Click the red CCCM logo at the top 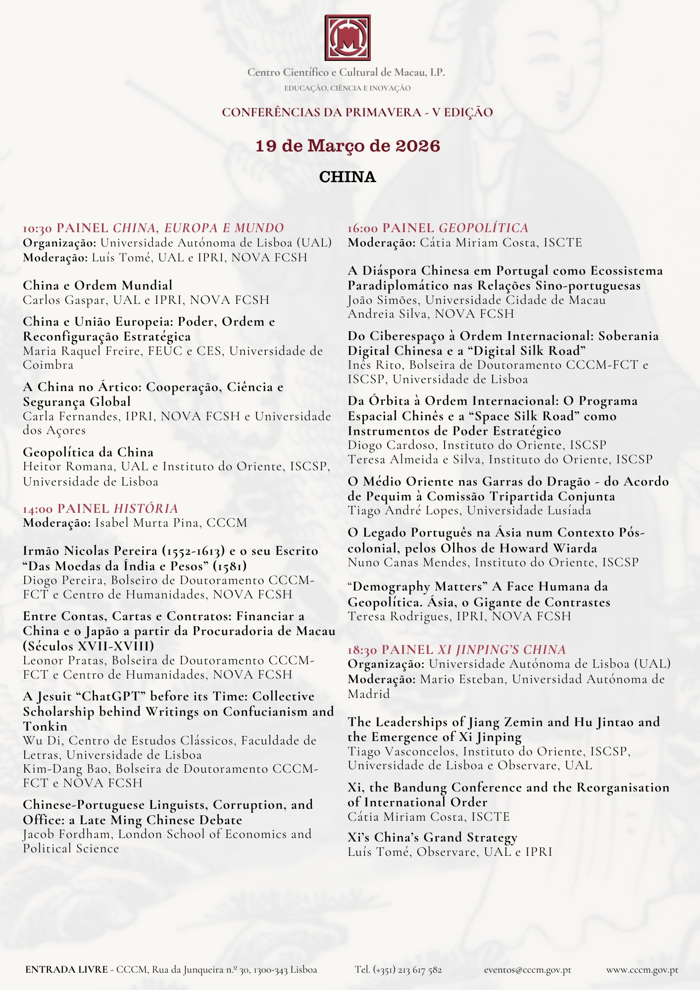point(348,38)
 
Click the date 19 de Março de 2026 point(348,146)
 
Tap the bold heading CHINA point(348,177)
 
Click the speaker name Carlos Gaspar point(64,300)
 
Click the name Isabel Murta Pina point(147,523)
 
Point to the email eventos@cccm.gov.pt point(527,970)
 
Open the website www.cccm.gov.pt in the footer point(642,970)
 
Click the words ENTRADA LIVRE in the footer point(66,969)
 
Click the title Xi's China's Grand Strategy point(432,838)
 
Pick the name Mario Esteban point(463,679)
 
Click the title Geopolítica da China point(88,452)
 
